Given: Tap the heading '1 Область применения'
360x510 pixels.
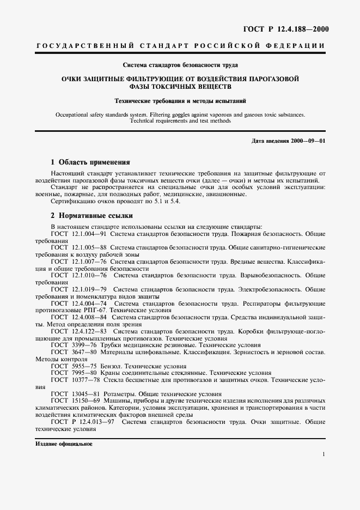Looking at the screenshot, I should click(x=90, y=162).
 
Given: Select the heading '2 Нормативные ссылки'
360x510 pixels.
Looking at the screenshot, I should click(x=90, y=215).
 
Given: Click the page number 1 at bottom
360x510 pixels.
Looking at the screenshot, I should click(x=324, y=454).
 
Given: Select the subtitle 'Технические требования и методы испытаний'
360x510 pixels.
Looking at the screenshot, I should click(x=180, y=100).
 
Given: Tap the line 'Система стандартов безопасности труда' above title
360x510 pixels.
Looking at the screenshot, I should click(x=180, y=65).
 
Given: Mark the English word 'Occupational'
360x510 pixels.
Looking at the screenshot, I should click(x=73, y=114).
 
